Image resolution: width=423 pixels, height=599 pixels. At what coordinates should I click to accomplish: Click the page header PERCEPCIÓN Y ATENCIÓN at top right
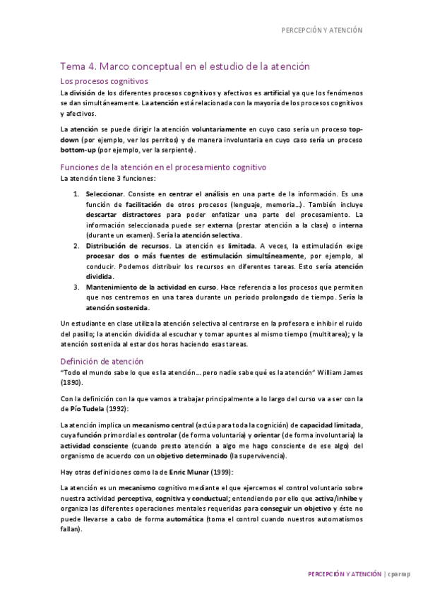321,30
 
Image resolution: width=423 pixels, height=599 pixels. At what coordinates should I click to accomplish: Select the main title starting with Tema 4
185,66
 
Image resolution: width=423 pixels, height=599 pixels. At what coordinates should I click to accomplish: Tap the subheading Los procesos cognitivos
103,82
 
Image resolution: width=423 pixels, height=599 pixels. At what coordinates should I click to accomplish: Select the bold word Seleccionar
105,194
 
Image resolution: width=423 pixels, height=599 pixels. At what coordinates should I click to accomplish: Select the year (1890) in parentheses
71,382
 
